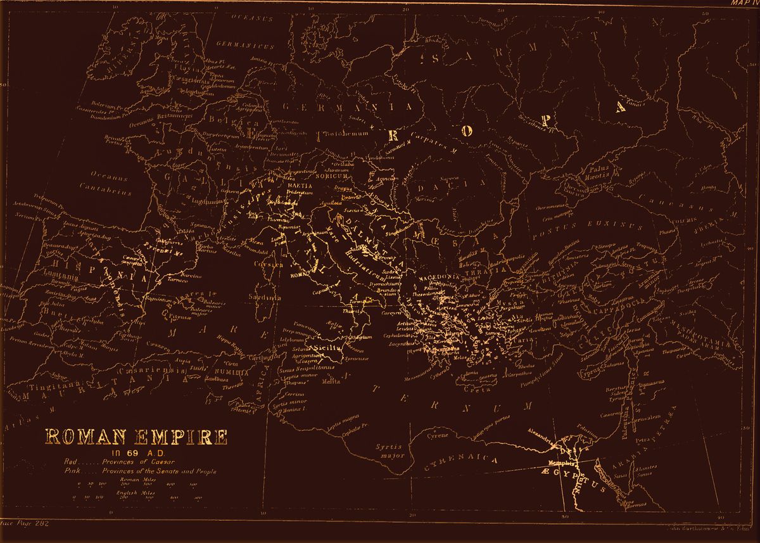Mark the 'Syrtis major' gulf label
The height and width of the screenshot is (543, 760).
389,450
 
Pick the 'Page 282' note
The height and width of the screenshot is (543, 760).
27,524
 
